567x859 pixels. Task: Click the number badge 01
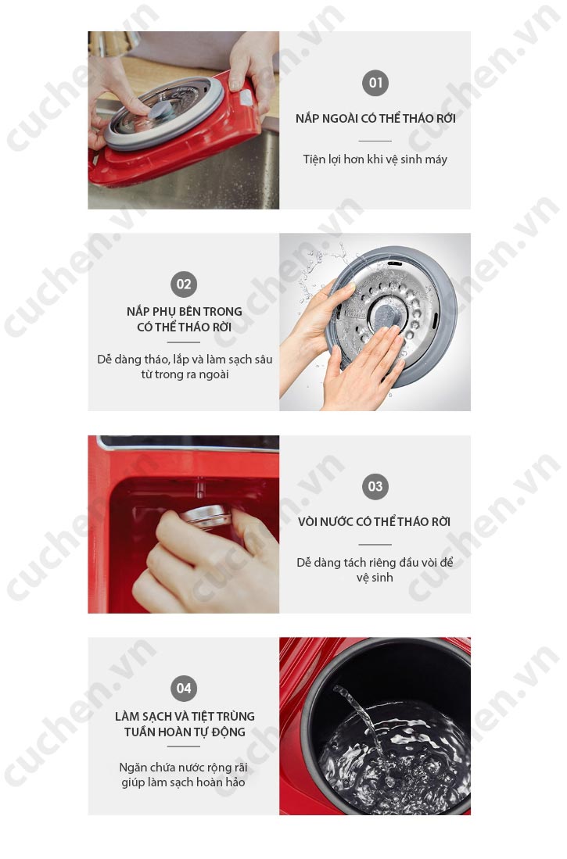click(x=375, y=83)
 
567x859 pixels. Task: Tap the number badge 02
click(x=184, y=285)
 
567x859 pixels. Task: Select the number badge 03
click(x=375, y=486)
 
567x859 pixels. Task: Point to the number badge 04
click(x=184, y=689)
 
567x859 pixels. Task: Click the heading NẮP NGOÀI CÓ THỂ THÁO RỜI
click(x=375, y=118)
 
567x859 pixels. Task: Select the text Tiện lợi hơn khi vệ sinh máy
click(x=375, y=159)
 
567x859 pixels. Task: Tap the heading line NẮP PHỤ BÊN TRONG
click(x=185, y=311)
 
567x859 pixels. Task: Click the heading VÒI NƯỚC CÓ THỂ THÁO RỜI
click(x=374, y=521)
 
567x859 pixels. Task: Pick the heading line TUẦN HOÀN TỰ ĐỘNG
click(x=185, y=732)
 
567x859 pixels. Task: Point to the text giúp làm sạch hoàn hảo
click(x=183, y=782)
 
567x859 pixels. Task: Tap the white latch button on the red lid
click(x=246, y=98)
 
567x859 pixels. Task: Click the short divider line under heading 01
click(x=375, y=141)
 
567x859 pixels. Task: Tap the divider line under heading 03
click(x=375, y=545)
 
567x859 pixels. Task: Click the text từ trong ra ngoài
click(x=185, y=374)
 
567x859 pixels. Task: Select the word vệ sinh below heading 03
click(x=375, y=578)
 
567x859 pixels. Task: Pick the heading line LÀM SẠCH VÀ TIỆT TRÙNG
click(x=185, y=716)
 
